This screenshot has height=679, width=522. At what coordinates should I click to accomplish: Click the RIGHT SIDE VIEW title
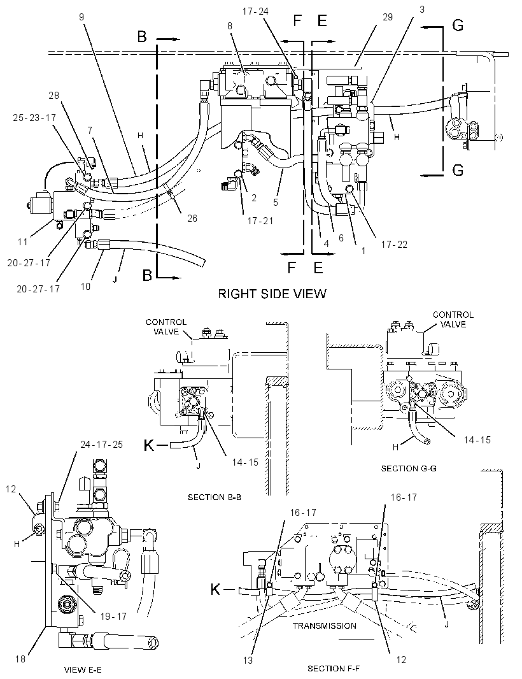(271, 294)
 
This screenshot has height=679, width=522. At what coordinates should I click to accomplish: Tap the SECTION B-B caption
(215, 497)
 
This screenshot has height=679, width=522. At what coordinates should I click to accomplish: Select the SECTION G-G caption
(408, 469)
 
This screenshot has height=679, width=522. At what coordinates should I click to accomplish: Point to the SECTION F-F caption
(334, 669)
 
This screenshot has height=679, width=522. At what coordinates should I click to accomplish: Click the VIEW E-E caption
(83, 670)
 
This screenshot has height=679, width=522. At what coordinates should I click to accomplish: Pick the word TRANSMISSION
(324, 625)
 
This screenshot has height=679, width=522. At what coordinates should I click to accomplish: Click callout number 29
(388, 17)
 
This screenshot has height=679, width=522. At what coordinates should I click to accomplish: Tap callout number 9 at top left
(81, 17)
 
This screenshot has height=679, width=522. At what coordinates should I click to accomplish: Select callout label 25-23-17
(34, 118)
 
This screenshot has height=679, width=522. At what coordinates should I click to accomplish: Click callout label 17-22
(394, 245)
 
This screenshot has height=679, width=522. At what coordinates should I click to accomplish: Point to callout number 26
(192, 218)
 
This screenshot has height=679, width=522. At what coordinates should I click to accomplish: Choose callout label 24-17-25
(101, 445)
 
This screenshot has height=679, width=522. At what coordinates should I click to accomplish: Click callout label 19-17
(113, 616)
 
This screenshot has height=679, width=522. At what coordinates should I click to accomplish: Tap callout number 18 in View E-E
(20, 659)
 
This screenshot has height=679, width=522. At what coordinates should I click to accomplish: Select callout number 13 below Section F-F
(248, 661)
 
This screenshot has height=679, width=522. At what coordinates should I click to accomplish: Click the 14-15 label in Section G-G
(477, 440)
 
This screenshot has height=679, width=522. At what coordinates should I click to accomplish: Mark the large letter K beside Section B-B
(149, 445)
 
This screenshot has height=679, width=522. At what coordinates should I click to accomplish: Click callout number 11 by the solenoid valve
(23, 241)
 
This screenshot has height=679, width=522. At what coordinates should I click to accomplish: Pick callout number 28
(53, 96)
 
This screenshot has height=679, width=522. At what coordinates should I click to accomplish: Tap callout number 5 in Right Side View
(276, 202)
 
